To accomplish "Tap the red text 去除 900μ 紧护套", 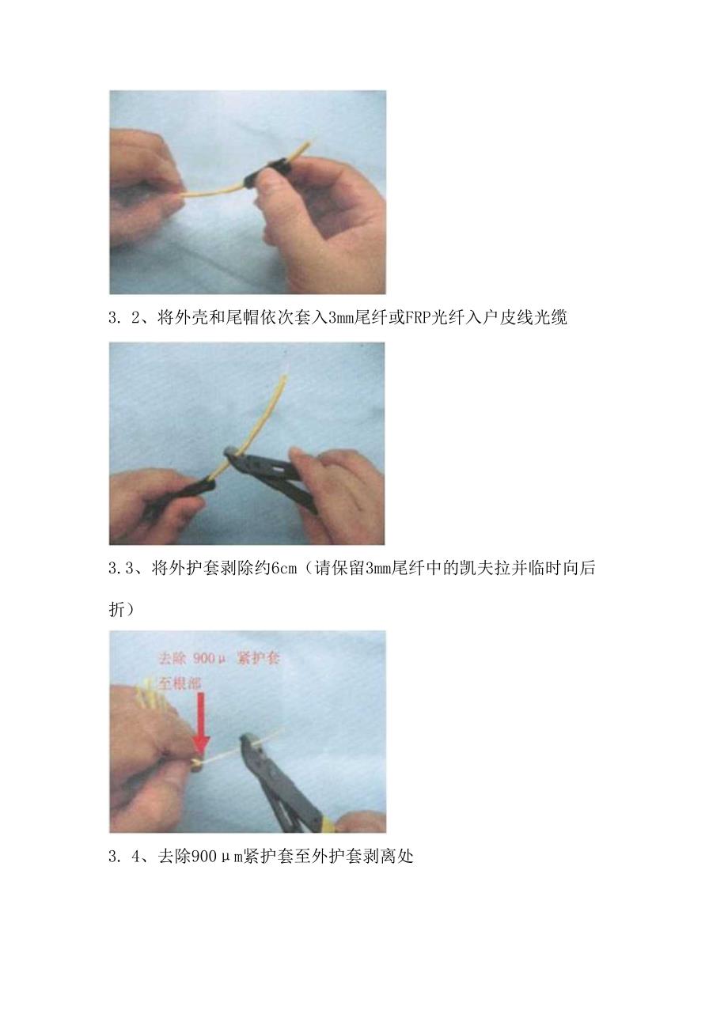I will point(218,658).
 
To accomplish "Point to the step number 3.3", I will point(123,569).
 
